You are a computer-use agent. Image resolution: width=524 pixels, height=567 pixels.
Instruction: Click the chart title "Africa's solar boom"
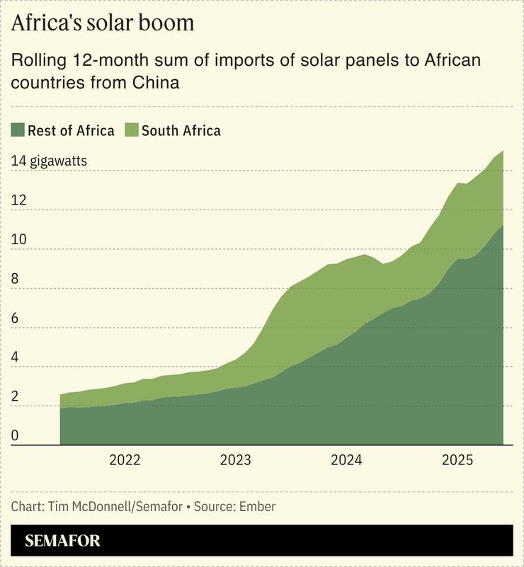point(103,23)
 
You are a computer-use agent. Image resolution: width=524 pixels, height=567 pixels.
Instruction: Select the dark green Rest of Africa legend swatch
point(18,130)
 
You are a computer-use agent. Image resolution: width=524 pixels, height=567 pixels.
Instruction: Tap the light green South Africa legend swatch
point(132,130)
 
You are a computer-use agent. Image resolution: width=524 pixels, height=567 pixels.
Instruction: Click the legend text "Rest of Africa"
point(71,130)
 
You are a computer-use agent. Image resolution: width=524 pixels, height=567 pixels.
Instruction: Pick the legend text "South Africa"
point(181,130)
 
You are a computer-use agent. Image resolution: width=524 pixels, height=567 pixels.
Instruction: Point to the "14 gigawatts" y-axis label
point(49,161)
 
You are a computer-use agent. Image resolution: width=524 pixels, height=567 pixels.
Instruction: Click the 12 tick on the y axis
point(18,200)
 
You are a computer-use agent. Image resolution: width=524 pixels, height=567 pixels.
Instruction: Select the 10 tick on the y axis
point(18,239)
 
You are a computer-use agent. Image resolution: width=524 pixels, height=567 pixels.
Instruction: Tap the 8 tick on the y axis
point(16,279)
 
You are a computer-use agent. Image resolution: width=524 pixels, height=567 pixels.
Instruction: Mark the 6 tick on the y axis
point(16,318)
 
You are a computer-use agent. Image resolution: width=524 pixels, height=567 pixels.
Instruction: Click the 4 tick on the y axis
point(16,357)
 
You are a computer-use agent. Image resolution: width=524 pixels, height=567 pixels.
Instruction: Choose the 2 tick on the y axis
point(16,396)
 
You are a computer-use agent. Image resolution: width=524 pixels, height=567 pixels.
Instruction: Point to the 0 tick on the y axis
point(16,436)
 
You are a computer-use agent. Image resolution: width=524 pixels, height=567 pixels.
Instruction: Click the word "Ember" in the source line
point(257,507)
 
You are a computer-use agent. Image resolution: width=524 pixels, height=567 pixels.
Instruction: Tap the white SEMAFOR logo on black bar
point(62,542)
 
